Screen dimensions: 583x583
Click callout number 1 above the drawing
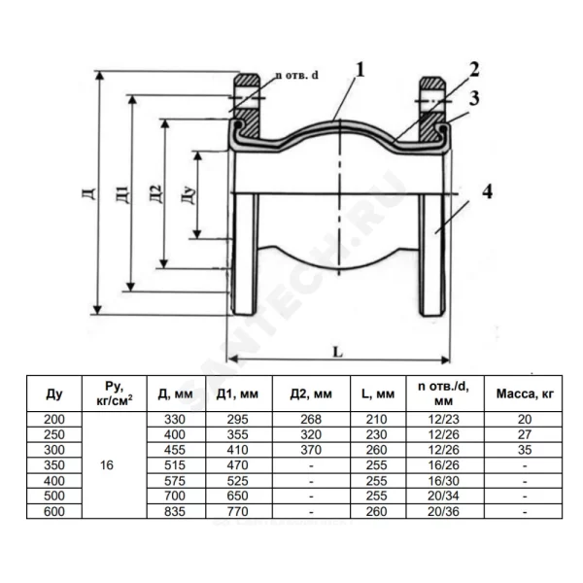[360, 70]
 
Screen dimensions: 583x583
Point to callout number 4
[487, 191]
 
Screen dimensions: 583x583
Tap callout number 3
[474, 98]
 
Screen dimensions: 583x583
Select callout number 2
[474, 70]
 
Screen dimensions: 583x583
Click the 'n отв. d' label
[296, 75]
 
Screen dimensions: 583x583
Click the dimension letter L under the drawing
[337, 352]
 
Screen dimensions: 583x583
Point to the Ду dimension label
[189, 194]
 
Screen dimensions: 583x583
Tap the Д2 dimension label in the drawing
[156, 193]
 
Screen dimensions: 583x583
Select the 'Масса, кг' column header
[525, 394]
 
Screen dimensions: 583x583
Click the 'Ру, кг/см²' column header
[114, 394]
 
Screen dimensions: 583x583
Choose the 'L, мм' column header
[378, 394]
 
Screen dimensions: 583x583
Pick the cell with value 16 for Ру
[107, 465]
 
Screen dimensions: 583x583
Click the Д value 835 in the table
[175, 512]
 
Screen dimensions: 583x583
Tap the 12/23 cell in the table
[444, 420]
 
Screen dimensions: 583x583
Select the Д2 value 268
[311, 420]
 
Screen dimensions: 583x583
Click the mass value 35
[525, 450]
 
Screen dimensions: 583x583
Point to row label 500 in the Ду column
[54, 496]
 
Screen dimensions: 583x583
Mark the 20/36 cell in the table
[444, 512]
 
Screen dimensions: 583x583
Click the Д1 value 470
[238, 465]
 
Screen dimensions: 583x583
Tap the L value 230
[376, 434]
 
